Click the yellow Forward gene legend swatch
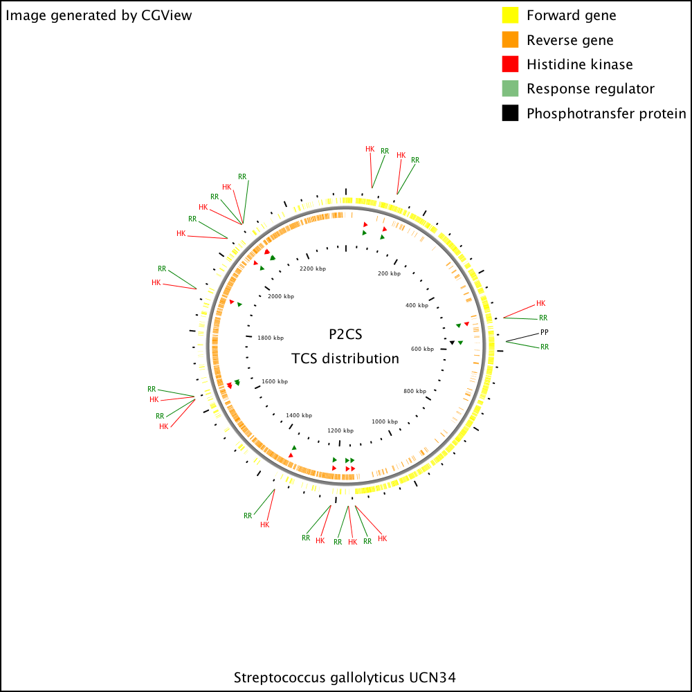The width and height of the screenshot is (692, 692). [510, 15]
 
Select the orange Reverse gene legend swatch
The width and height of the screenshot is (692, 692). [510, 39]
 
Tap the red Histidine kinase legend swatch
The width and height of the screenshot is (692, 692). [510, 64]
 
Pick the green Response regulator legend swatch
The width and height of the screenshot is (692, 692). [510, 89]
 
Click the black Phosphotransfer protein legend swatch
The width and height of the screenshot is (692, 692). [510, 113]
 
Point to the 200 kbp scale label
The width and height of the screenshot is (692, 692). [389, 273]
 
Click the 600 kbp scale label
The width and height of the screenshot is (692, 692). [422, 349]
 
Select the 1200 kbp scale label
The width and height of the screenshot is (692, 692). [340, 430]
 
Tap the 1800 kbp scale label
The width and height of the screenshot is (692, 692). [271, 338]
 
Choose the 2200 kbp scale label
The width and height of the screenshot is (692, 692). [313, 268]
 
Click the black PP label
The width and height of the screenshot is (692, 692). [544, 332]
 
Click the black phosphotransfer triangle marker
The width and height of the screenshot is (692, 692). [452, 343]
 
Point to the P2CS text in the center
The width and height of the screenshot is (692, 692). [345, 334]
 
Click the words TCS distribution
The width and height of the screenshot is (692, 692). [345, 358]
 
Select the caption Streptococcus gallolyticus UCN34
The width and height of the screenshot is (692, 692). [345, 677]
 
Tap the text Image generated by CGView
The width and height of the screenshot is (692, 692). [99, 15]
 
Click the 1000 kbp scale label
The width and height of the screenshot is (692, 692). [385, 422]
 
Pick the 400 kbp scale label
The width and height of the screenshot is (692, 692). [417, 305]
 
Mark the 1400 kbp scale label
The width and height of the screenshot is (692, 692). [299, 416]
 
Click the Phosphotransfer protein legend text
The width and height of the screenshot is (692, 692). [606, 113]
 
